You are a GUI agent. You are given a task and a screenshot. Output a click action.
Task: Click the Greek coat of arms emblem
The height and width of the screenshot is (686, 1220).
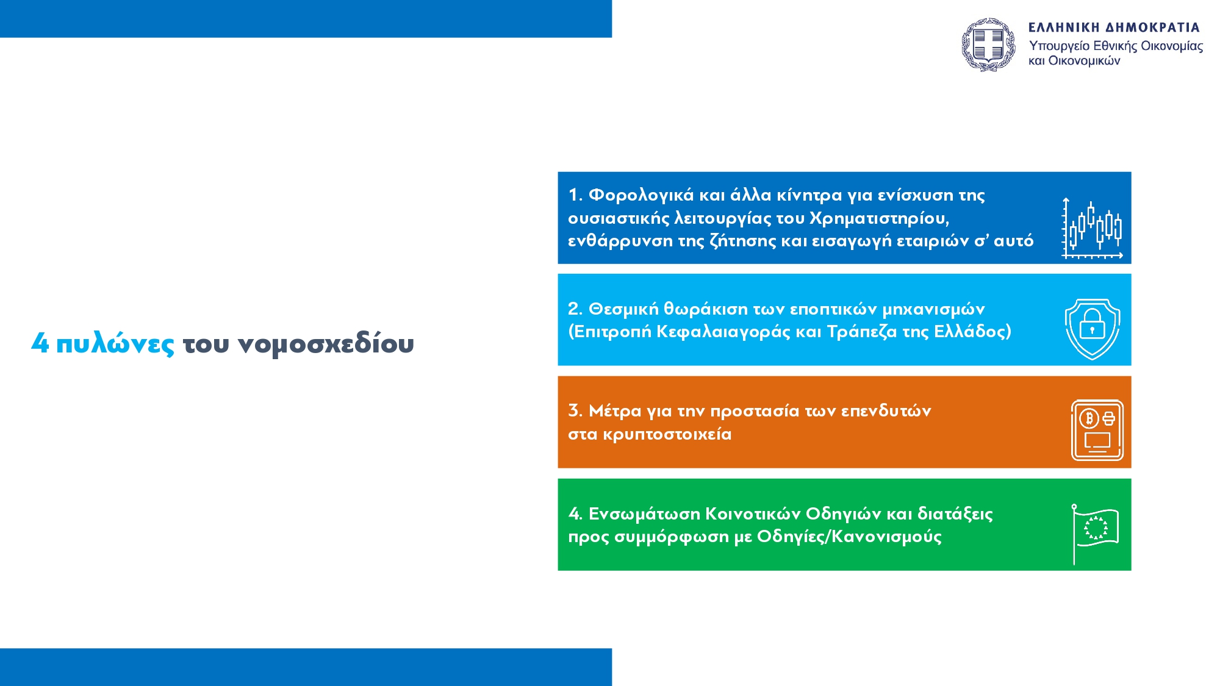click(989, 45)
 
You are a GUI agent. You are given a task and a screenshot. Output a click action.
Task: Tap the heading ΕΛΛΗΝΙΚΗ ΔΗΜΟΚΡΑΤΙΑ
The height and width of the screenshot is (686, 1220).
click(1114, 27)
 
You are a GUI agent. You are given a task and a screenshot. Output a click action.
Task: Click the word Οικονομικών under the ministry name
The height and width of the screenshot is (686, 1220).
click(1085, 60)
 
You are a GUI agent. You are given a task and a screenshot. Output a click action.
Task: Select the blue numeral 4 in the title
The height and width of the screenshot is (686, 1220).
click(40, 343)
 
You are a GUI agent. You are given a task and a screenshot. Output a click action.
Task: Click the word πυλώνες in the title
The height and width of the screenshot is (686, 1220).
click(115, 344)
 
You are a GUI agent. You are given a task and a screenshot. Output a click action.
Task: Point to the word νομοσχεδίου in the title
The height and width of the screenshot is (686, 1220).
click(326, 343)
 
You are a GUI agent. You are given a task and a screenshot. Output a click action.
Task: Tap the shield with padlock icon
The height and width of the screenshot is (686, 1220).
click(1093, 329)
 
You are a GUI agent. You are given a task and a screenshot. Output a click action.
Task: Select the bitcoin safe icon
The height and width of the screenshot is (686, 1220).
click(1097, 431)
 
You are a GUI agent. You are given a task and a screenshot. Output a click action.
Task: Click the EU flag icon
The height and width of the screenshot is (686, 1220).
click(1096, 534)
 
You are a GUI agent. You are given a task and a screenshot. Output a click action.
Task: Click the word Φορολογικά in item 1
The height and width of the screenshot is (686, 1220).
click(641, 195)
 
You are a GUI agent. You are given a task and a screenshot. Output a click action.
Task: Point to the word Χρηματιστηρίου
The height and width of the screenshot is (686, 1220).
click(879, 218)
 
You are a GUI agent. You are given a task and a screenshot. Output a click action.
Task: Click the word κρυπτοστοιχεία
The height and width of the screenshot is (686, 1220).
click(667, 434)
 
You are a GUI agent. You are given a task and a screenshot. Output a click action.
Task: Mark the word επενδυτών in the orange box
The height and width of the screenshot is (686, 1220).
click(886, 411)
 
